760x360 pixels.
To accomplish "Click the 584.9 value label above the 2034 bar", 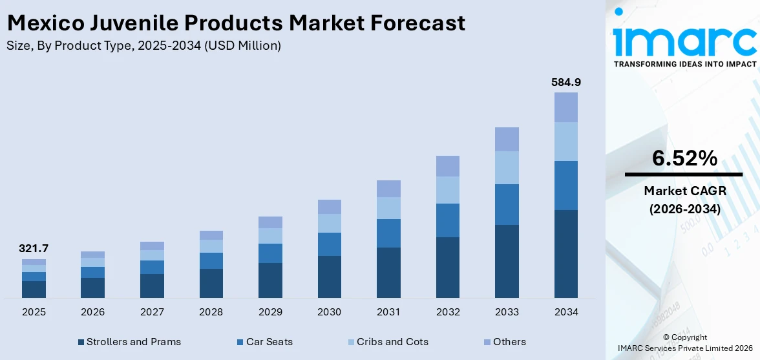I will tap(565, 82).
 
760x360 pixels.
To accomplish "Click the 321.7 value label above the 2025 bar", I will tap(34, 249).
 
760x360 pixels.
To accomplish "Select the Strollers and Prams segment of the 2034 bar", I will tap(565, 254).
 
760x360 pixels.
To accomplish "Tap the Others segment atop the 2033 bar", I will tap(507, 139).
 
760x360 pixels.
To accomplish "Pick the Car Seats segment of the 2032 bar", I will tap(447, 220).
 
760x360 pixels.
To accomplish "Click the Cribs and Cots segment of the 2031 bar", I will tap(388, 208).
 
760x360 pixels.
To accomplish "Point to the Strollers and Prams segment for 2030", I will tap(329, 277).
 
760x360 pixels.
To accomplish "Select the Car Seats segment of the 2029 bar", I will tap(270, 253).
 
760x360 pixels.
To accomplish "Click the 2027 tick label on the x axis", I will tap(152, 312).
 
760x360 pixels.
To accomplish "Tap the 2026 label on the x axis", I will tap(93, 312).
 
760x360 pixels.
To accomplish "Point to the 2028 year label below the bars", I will tap(211, 312).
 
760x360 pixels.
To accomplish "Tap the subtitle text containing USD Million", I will tap(143, 45).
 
